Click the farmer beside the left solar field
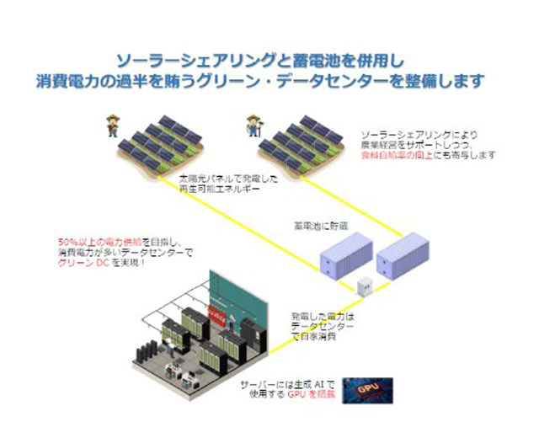(111, 126)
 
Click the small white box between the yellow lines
(366, 286)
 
